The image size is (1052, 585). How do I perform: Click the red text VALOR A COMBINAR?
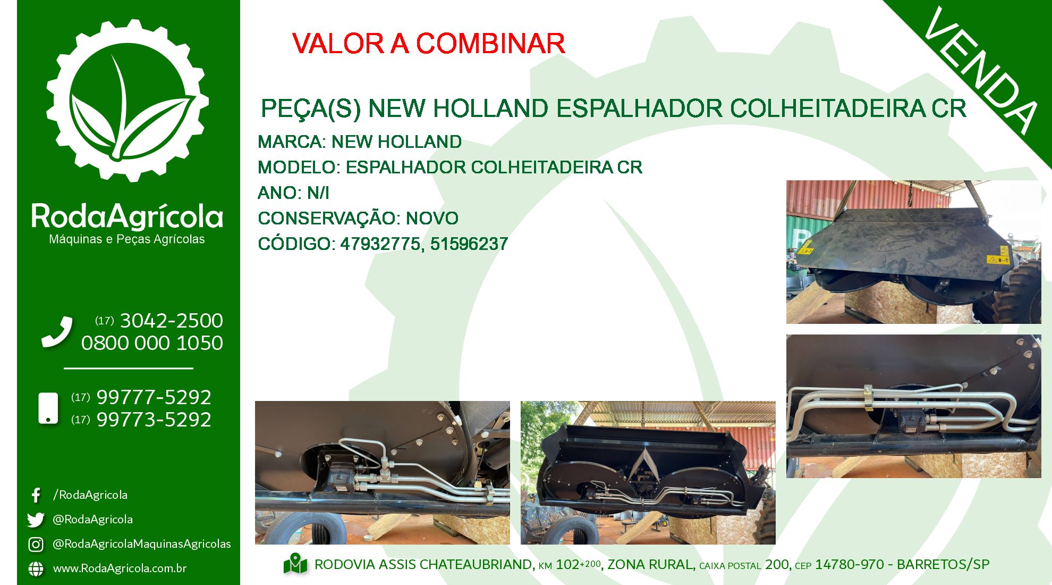[x=428, y=44]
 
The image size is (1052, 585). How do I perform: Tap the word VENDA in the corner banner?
[x=981, y=70]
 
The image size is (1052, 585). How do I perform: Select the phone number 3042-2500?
[x=172, y=321]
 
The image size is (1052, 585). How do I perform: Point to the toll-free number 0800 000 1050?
[x=152, y=343]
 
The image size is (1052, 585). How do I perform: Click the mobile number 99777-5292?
[x=154, y=397]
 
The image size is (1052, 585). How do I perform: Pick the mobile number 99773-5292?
[x=154, y=420]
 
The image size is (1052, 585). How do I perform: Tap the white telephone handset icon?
[x=57, y=332]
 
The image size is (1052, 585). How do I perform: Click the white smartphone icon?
[x=48, y=408]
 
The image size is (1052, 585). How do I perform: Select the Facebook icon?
[x=36, y=495]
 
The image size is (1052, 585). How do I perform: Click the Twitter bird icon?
[x=36, y=520]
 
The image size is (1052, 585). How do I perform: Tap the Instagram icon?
[x=36, y=544]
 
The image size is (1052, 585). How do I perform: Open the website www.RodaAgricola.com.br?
[x=120, y=569]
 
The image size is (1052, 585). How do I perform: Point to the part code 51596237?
[x=469, y=244]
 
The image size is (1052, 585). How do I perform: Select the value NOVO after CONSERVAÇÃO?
[x=432, y=219]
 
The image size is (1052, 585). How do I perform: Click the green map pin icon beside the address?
[x=295, y=564]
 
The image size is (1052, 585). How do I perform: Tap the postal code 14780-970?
[x=850, y=565]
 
